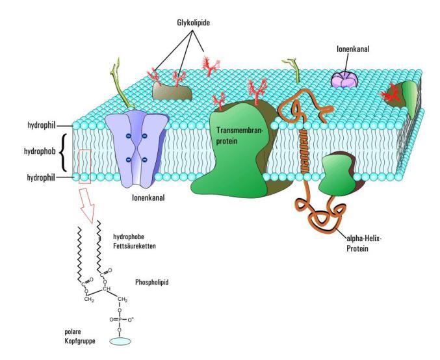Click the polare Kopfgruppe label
coord(80,336)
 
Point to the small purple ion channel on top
coord(345,79)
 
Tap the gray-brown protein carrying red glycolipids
coord(172,90)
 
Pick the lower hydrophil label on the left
coord(42,176)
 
